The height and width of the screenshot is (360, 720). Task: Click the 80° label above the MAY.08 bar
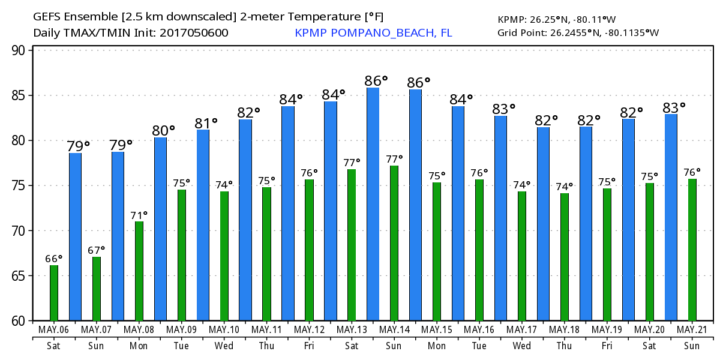point(163,130)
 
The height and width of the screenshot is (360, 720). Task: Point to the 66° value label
point(54,259)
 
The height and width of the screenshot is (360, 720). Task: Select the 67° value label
point(97,250)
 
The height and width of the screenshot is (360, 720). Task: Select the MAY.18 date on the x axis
point(565,330)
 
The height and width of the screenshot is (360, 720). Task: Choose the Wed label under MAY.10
point(224,346)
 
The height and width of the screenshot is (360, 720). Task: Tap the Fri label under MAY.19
point(607,346)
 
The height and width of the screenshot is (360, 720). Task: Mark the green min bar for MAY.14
point(394,243)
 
